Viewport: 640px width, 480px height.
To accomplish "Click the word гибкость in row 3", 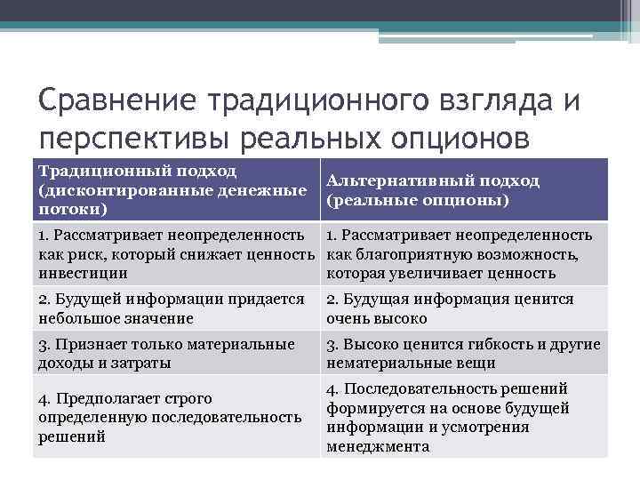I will (506, 344).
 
